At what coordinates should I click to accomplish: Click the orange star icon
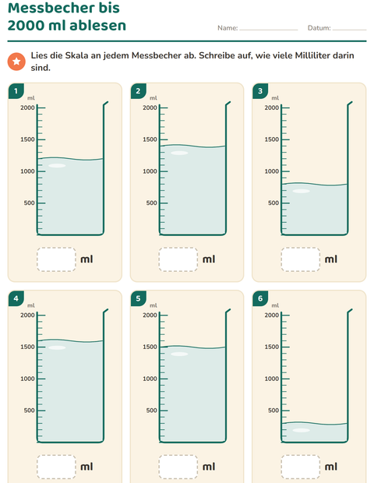16,62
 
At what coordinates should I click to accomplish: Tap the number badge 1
16,91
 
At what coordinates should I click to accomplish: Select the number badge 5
139,298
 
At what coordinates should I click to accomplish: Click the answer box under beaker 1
56,259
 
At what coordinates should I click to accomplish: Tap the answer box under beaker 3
301,259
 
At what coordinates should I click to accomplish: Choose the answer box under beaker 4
56,467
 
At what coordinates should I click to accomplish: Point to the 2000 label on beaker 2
150,108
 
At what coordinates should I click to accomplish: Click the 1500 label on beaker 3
271,139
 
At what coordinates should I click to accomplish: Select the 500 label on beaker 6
273,411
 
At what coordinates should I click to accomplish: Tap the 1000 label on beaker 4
27,379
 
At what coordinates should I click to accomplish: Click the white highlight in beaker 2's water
179,153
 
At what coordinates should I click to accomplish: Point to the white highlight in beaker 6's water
301,430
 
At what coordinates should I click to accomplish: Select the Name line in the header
269,30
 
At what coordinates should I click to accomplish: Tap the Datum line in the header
349,30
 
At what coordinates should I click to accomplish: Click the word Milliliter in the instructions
312,55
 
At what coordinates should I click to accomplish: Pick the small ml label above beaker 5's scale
153,305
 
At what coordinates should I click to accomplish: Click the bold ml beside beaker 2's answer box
209,259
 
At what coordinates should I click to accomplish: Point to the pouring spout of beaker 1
106,104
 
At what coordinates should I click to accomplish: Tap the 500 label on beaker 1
30,203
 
